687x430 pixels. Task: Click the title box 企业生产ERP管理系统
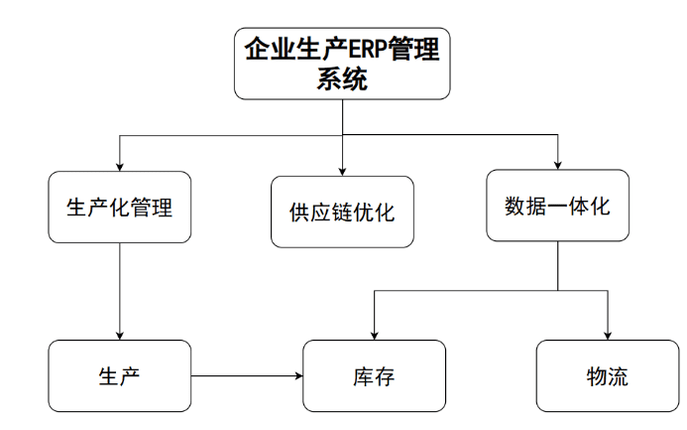[342, 63]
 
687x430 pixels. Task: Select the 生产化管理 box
[119, 208]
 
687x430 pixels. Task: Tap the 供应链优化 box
[342, 213]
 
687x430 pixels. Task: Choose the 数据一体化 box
[557, 207]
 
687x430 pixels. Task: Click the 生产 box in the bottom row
[119, 376]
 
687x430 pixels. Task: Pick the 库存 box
[374, 376]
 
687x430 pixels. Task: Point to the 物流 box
[607, 376]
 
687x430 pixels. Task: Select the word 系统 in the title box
[342, 79]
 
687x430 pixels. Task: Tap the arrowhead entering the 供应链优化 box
[342, 170]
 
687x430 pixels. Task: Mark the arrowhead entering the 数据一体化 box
[557, 165]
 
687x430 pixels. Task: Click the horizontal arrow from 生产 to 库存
[247, 376]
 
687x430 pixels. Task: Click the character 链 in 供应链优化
[342, 213]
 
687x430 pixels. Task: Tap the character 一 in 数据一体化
[557, 207]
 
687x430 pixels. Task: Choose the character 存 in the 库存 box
[386, 376]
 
